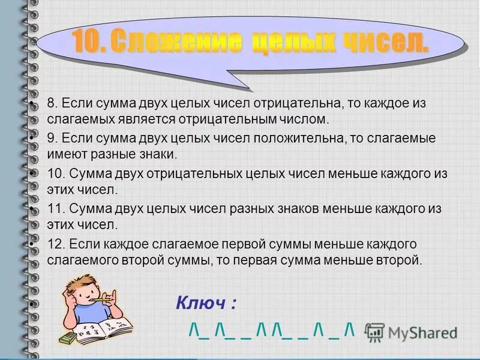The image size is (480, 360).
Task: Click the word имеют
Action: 65,155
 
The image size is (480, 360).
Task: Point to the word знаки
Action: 157,155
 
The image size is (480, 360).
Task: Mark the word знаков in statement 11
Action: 288,209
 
